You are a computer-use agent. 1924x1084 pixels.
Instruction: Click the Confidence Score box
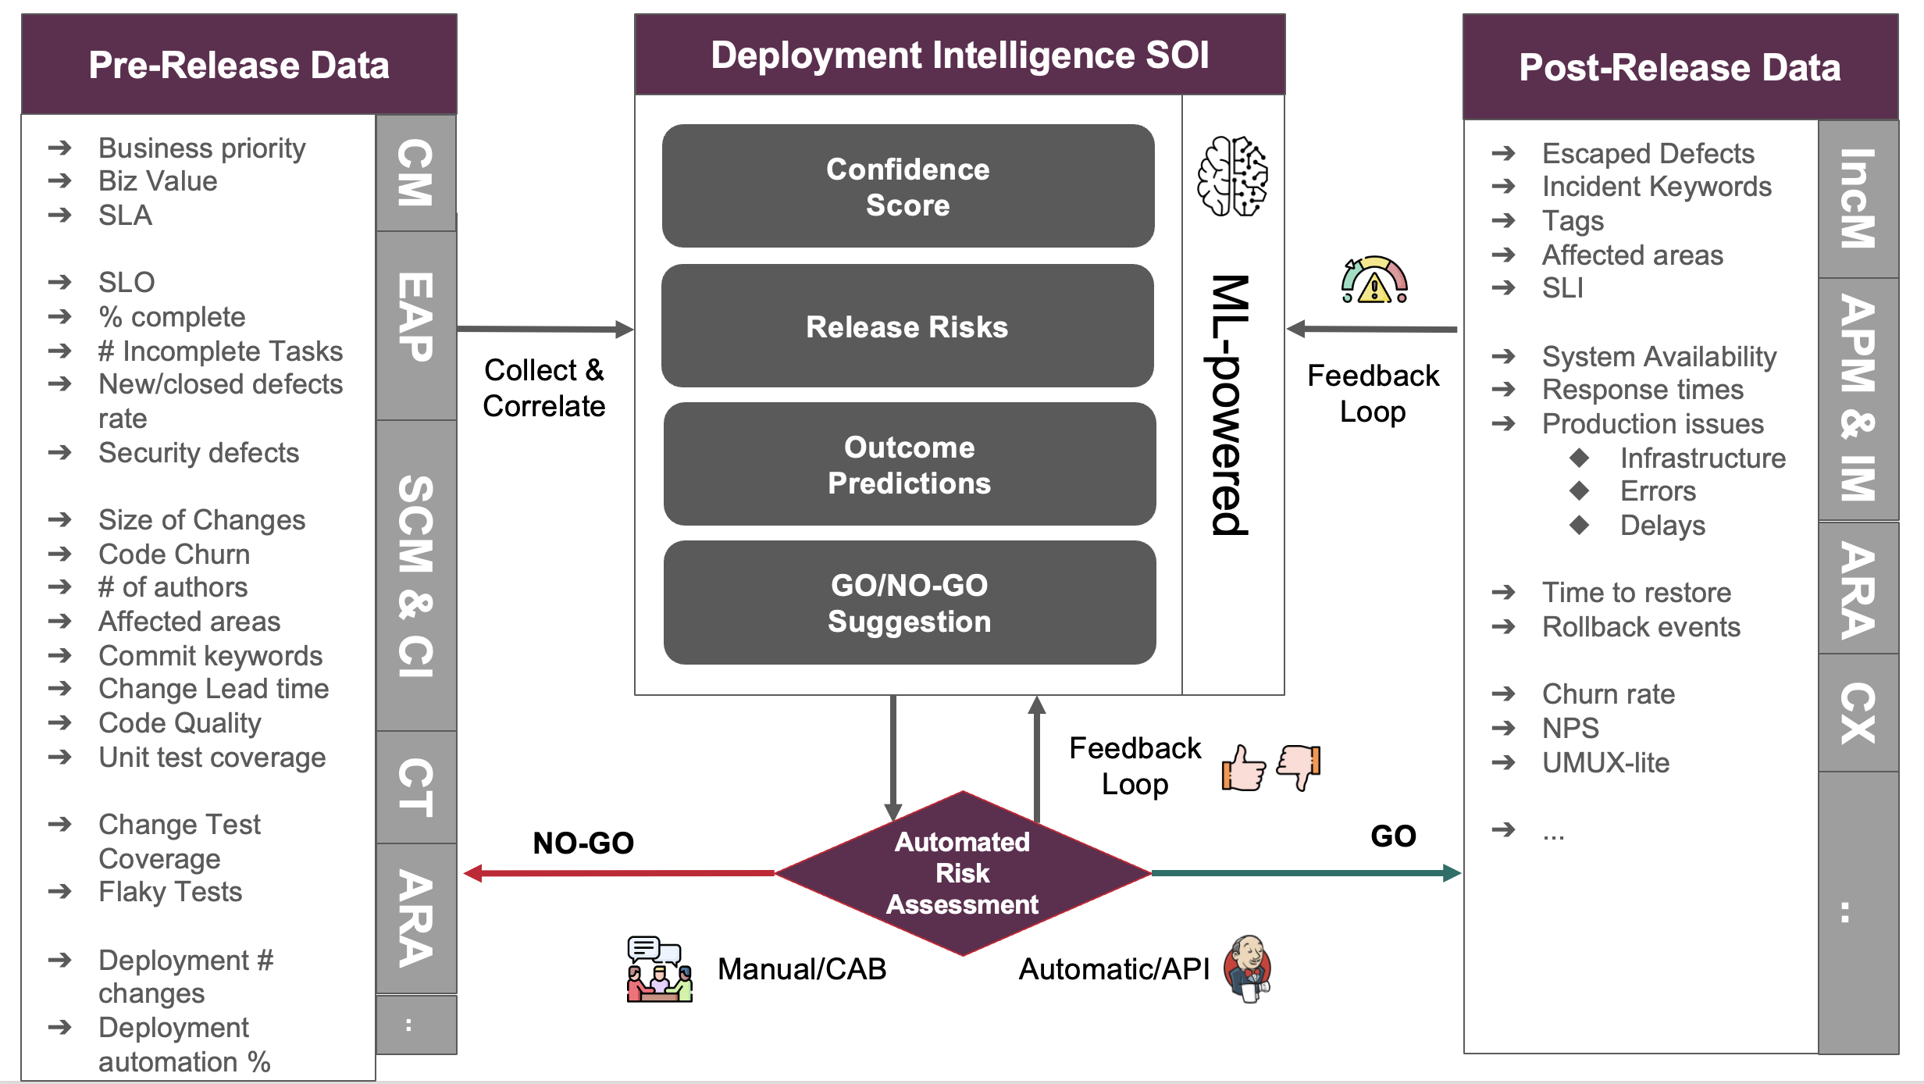tap(907, 186)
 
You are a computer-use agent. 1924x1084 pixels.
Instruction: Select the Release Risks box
tap(907, 326)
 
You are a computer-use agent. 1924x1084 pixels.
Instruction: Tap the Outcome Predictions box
tap(909, 464)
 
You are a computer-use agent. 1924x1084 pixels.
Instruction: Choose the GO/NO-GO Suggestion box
tap(909, 602)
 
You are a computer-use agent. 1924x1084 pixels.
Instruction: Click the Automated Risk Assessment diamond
tap(962, 873)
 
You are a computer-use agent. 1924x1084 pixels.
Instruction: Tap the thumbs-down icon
tap(1299, 766)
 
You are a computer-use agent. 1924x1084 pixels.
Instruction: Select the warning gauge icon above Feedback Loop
tap(1374, 280)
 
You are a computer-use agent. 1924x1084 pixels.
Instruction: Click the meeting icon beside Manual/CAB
tap(659, 969)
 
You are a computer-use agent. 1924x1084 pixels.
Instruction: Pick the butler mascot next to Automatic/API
tap(1248, 968)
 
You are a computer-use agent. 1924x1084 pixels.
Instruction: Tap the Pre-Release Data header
tap(239, 65)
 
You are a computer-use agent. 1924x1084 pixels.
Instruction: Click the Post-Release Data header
tap(1680, 67)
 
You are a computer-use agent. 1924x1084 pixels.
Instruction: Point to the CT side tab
tap(415, 787)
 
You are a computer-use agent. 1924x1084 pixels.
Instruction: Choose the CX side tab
tap(1858, 712)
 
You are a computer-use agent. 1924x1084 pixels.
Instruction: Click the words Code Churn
tap(174, 554)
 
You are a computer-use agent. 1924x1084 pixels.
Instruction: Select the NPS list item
tap(1570, 728)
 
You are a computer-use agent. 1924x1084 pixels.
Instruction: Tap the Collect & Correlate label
tap(543, 388)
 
